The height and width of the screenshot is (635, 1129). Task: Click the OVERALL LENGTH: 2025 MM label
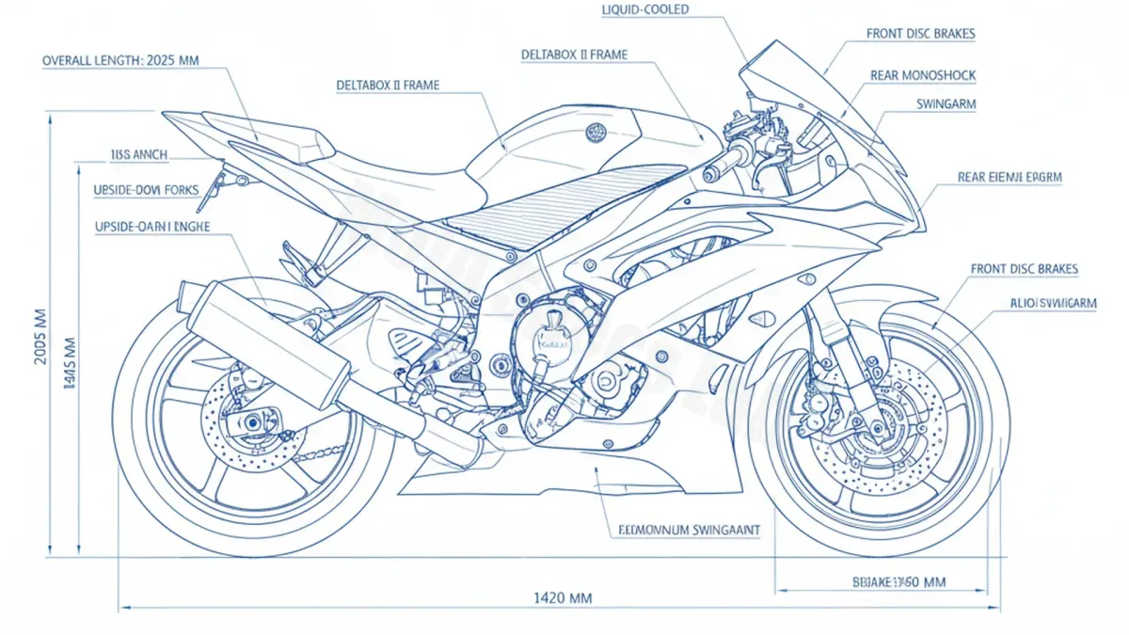click(x=120, y=60)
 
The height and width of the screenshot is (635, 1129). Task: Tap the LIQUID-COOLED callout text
click(x=645, y=9)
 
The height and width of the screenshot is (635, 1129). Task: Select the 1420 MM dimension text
click(x=564, y=597)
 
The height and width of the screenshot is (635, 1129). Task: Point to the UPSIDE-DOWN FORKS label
click(x=147, y=190)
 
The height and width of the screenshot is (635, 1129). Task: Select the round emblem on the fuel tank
click(x=595, y=132)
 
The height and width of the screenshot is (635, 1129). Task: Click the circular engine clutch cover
click(x=549, y=345)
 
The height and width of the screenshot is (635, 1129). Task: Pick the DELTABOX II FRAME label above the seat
click(x=388, y=85)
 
